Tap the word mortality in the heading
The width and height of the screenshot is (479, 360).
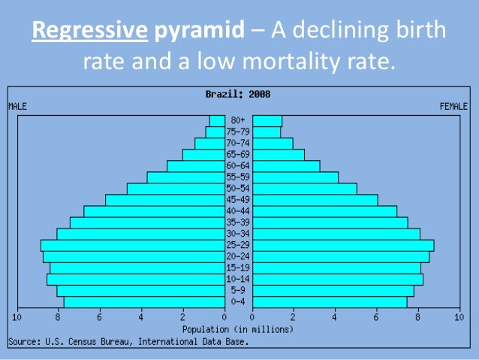(x=282, y=60)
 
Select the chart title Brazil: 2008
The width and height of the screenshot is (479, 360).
(x=238, y=95)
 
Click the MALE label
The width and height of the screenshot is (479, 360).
(x=17, y=107)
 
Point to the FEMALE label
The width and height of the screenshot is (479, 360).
(x=453, y=107)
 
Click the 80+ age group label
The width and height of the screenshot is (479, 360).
(x=238, y=120)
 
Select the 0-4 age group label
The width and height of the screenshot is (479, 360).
(x=238, y=302)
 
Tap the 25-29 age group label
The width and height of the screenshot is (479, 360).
(x=238, y=245)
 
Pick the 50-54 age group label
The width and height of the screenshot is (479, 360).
(x=238, y=189)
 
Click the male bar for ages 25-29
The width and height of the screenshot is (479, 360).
(x=132, y=245)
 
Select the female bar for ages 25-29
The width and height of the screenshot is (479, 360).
(x=342, y=245)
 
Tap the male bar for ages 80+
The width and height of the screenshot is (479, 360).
(x=217, y=120)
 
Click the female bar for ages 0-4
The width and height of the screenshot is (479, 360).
(x=330, y=302)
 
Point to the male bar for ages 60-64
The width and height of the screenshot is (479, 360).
(x=195, y=166)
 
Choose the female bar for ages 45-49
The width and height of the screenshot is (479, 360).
(x=315, y=200)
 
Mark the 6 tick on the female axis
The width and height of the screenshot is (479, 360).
(x=376, y=318)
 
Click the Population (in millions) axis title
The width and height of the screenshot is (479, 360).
(x=238, y=329)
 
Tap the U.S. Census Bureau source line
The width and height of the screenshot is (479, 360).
(x=128, y=341)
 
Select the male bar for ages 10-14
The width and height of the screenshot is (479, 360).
(x=135, y=280)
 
